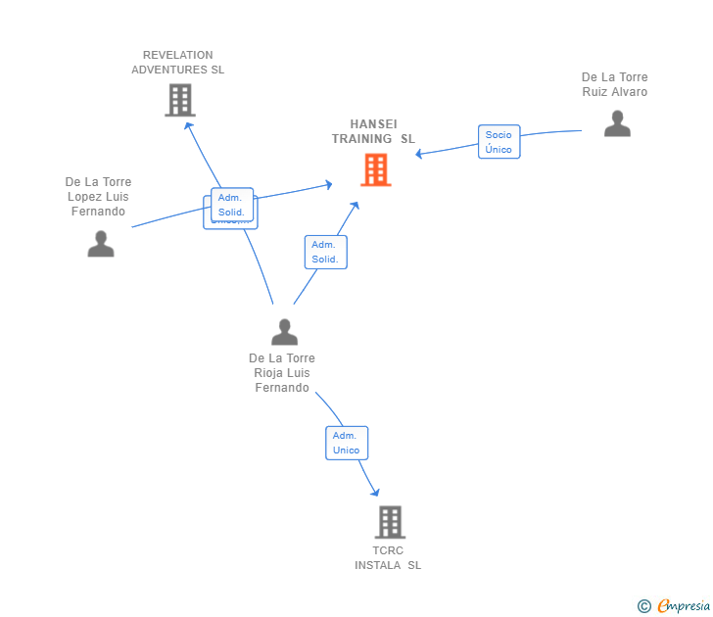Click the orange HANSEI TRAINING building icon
(x=375, y=169)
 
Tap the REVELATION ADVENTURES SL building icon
(x=179, y=100)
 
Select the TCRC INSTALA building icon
(x=389, y=522)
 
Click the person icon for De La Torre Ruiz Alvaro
(x=617, y=123)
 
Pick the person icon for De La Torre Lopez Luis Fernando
(x=101, y=244)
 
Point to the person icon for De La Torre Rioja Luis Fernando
(x=284, y=332)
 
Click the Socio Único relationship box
(x=499, y=142)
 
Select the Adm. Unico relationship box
(x=347, y=443)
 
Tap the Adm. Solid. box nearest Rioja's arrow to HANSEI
(x=325, y=252)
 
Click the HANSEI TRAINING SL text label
(x=373, y=131)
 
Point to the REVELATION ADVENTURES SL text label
(x=177, y=63)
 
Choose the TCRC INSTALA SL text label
(x=388, y=558)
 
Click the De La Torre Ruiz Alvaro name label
(x=614, y=84)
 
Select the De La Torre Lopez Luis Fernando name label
(x=98, y=197)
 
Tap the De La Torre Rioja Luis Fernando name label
(x=282, y=373)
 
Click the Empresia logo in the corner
(x=684, y=606)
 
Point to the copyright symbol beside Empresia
(x=643, y=606)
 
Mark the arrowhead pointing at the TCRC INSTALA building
(x=374, y=493)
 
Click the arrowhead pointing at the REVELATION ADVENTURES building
(x=188, y=124)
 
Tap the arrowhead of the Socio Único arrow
(x=419, y=155)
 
